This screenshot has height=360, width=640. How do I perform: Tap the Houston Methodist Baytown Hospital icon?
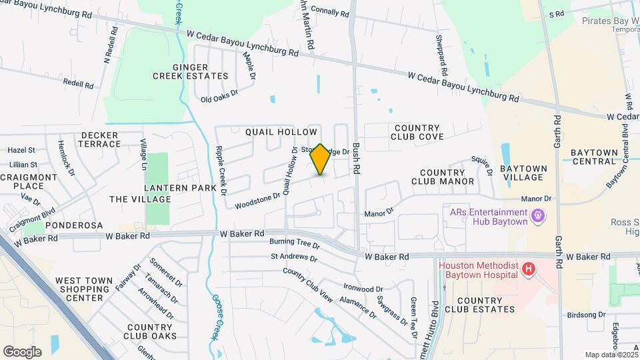[x=529, y=269]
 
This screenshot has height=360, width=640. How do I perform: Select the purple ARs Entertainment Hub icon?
[x=538, y=216]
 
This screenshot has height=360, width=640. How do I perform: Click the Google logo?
[x=22, y=352]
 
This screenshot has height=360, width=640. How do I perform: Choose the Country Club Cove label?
[x=417, y=132]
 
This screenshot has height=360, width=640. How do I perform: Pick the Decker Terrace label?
[x=100, y=139]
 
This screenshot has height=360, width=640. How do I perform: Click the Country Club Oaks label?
[x=151, y=331]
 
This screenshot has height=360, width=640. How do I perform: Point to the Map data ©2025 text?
[x=610, y=355]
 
